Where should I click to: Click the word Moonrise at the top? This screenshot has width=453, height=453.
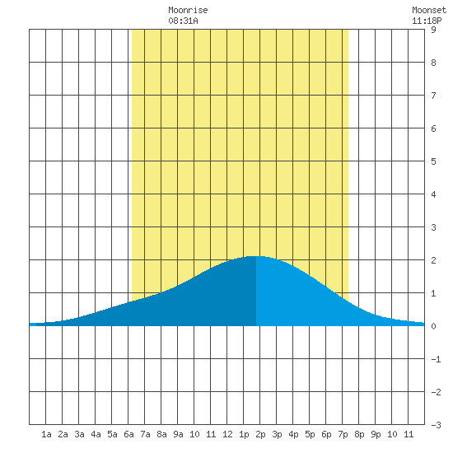click(x=188, y=10)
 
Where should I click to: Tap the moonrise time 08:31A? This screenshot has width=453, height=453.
click(x=183, y=21)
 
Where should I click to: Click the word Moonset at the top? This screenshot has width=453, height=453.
click(x=429, y=10)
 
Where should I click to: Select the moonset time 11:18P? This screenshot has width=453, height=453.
click(x=427, y=21)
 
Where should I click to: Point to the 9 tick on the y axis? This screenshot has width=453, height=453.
click(x=433, y=30)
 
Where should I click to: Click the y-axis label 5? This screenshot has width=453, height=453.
click(x=433, y=161)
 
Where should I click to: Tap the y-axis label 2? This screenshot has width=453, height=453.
click(x=433, y=260)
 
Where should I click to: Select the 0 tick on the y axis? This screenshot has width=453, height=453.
click(x=433, y=326)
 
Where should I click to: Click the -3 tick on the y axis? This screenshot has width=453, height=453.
click(x=436, y=425)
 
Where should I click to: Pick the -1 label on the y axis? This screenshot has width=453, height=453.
click(x=436, y=359)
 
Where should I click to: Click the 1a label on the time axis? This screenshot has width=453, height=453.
click(x=46, y=434)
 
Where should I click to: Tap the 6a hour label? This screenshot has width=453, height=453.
click(x=128, y=434)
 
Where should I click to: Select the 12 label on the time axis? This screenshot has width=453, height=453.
click(x=227, y=434)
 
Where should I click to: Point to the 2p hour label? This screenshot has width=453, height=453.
click(x=260, y=435)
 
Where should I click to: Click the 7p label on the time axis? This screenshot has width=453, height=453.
click(x=343, y=435)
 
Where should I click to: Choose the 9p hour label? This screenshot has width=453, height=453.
click(x=376, y=435)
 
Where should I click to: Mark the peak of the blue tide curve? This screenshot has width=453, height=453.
click(x=255, y=256)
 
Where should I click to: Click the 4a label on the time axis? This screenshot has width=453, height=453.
click(x=96, y=434)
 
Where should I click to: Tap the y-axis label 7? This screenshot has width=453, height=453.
click(x=433, y=96)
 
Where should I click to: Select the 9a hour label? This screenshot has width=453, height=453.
click(x=178, y=434)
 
